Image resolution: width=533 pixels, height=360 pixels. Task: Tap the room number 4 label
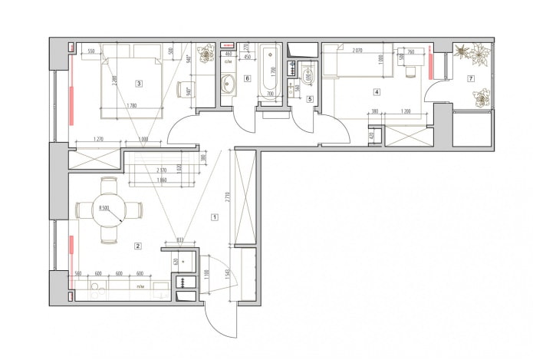point(377,92)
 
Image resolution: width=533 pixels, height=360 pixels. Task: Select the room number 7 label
point(471,78)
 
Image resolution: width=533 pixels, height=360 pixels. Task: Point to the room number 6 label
point(247,78)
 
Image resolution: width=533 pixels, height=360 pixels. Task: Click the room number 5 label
point(310,98)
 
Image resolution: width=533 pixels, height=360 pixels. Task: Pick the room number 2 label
point(137,246)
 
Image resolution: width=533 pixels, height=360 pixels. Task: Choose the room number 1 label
point(215,217)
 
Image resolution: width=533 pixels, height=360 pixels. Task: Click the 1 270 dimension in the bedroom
point(97,139)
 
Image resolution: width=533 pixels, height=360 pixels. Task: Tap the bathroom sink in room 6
point(228,84)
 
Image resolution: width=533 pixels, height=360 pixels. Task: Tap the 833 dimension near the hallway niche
point(179,240)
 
